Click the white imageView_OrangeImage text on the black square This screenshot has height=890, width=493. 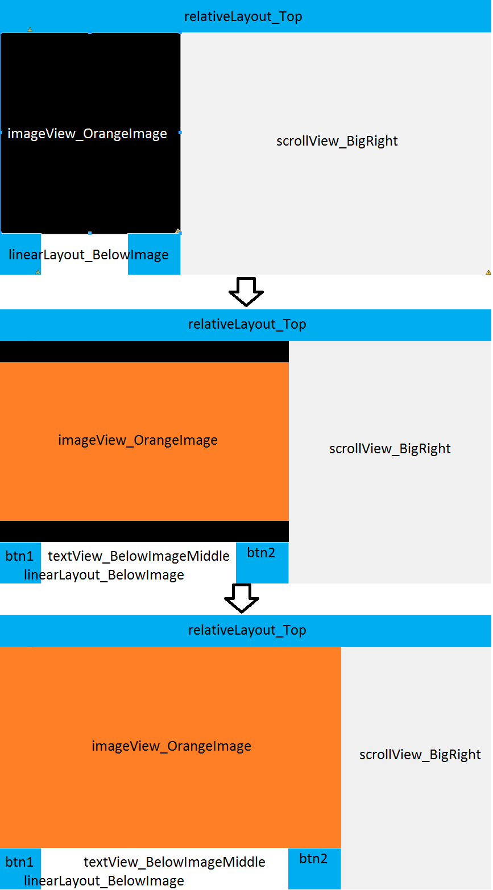87,134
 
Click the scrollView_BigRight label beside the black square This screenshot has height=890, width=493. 337,141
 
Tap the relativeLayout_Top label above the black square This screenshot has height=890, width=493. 243,16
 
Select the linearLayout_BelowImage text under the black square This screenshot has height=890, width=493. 89,255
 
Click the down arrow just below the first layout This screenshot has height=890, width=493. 246,292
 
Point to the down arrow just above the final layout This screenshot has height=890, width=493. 242,598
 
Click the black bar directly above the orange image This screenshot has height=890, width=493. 144,352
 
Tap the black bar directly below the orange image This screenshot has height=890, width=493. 144,531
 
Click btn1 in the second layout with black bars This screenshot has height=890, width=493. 20,556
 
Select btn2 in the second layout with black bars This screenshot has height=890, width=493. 262,553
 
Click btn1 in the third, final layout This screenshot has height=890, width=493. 20,862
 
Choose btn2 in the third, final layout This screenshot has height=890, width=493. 314,859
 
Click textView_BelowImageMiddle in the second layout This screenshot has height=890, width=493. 139,556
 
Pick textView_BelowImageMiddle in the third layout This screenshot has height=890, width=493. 175,862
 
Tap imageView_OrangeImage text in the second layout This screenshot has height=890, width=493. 138,440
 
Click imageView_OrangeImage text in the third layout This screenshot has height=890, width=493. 171,746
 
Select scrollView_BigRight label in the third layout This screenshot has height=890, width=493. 420,755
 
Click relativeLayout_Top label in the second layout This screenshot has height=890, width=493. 247,324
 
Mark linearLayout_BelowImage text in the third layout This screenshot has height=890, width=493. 104,881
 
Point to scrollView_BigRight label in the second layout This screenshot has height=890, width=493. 390,449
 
